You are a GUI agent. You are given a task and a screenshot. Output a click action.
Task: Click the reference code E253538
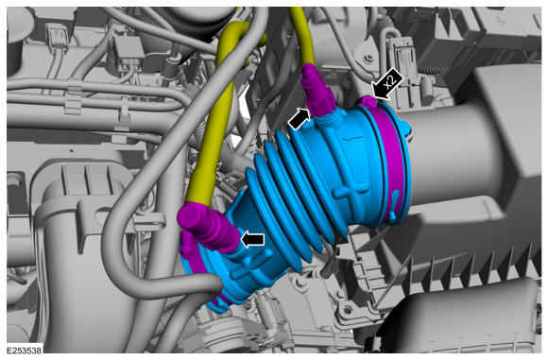coord(25,351)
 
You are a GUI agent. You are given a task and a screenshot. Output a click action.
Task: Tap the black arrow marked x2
coord(387,85)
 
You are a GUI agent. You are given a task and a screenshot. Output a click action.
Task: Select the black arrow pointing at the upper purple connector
coord(299,118)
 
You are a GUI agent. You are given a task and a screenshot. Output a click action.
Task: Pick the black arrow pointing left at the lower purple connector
coord(252,240)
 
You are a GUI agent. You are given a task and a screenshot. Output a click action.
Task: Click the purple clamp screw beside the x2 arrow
coord(368,101)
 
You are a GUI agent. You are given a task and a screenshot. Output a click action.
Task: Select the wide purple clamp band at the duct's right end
coord(393,157)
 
